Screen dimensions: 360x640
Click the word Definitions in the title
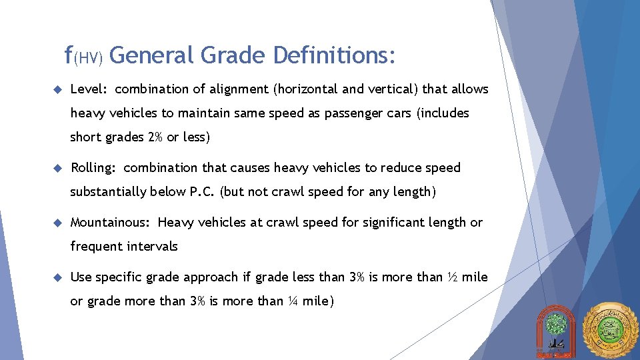[335, 55]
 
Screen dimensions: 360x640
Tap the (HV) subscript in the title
[88, 59]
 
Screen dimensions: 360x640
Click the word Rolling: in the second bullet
[94, 167]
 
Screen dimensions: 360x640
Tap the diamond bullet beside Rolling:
[58, 167]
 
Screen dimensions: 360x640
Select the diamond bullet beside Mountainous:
[58, 222]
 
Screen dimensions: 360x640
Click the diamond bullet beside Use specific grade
[58, 277]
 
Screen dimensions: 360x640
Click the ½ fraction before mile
[452, 277]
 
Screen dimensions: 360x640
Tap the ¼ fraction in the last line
[293, 301]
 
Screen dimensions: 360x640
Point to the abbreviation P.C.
[202, 192]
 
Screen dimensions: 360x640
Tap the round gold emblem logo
[610, 331]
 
